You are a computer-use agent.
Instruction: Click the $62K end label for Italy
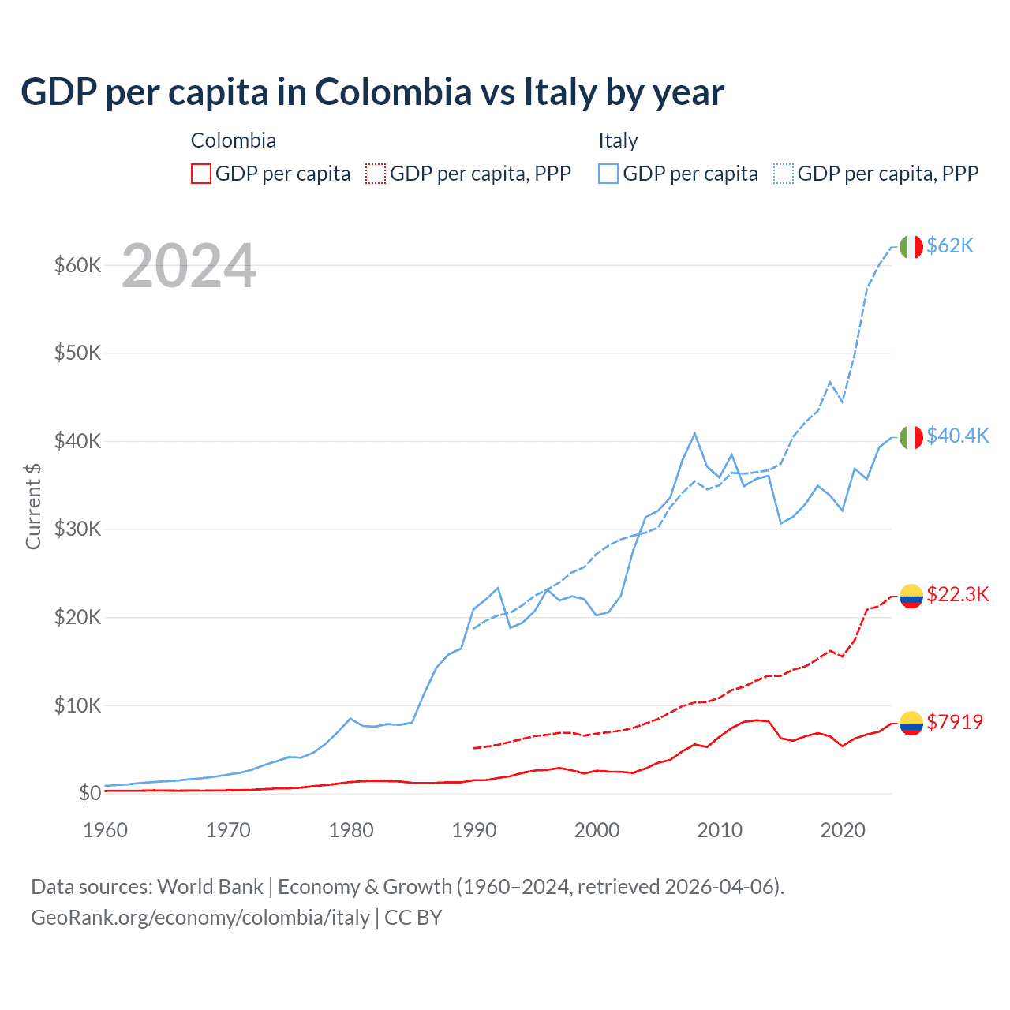pos(950,245)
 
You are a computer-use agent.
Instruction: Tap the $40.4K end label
pos(957,436)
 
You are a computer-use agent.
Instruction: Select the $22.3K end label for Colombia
pos(957,594)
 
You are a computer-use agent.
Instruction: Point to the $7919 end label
pos(954,722)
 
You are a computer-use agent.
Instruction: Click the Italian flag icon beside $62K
pos(911,247)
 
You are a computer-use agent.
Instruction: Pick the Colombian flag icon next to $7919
pos(911,723)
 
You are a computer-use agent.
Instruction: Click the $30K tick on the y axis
pos(77,529)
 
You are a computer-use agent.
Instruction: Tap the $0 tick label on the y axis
pos(90,793)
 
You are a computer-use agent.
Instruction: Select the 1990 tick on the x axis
pos(473,830)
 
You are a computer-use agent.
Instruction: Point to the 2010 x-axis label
pos(720,830)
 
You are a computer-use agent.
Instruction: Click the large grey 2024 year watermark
pos(189,267)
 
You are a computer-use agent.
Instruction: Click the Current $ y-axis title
pos(33,506)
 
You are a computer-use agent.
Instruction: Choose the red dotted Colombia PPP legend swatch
pos(376,174)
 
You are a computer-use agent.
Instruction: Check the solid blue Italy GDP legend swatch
pos(608,174)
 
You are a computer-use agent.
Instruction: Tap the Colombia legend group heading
pos(234,140)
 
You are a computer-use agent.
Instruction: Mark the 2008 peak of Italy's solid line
pos(694,433)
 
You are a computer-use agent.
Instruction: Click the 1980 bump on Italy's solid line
pos(351,718)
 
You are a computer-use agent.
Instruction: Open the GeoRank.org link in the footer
pos(200,918)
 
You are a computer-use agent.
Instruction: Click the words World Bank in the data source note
pos(210,887)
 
